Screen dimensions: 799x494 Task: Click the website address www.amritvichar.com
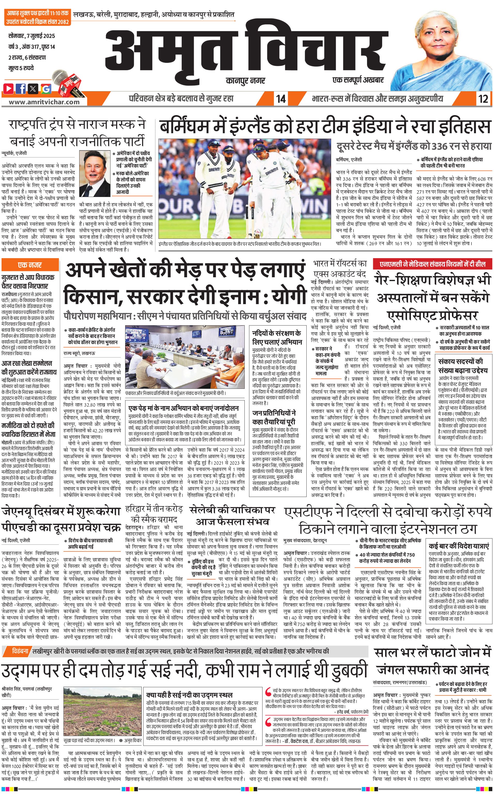[x=44, y=102]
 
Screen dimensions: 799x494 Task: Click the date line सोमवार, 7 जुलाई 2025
[x=32, y=36]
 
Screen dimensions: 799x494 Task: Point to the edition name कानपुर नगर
[x=245, y=80]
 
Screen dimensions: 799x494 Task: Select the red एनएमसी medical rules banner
[x=433, y=264]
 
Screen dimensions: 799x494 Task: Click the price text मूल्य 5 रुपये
[x=21, y=68]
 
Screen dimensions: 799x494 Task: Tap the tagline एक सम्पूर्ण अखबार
[x=358, y=80]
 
